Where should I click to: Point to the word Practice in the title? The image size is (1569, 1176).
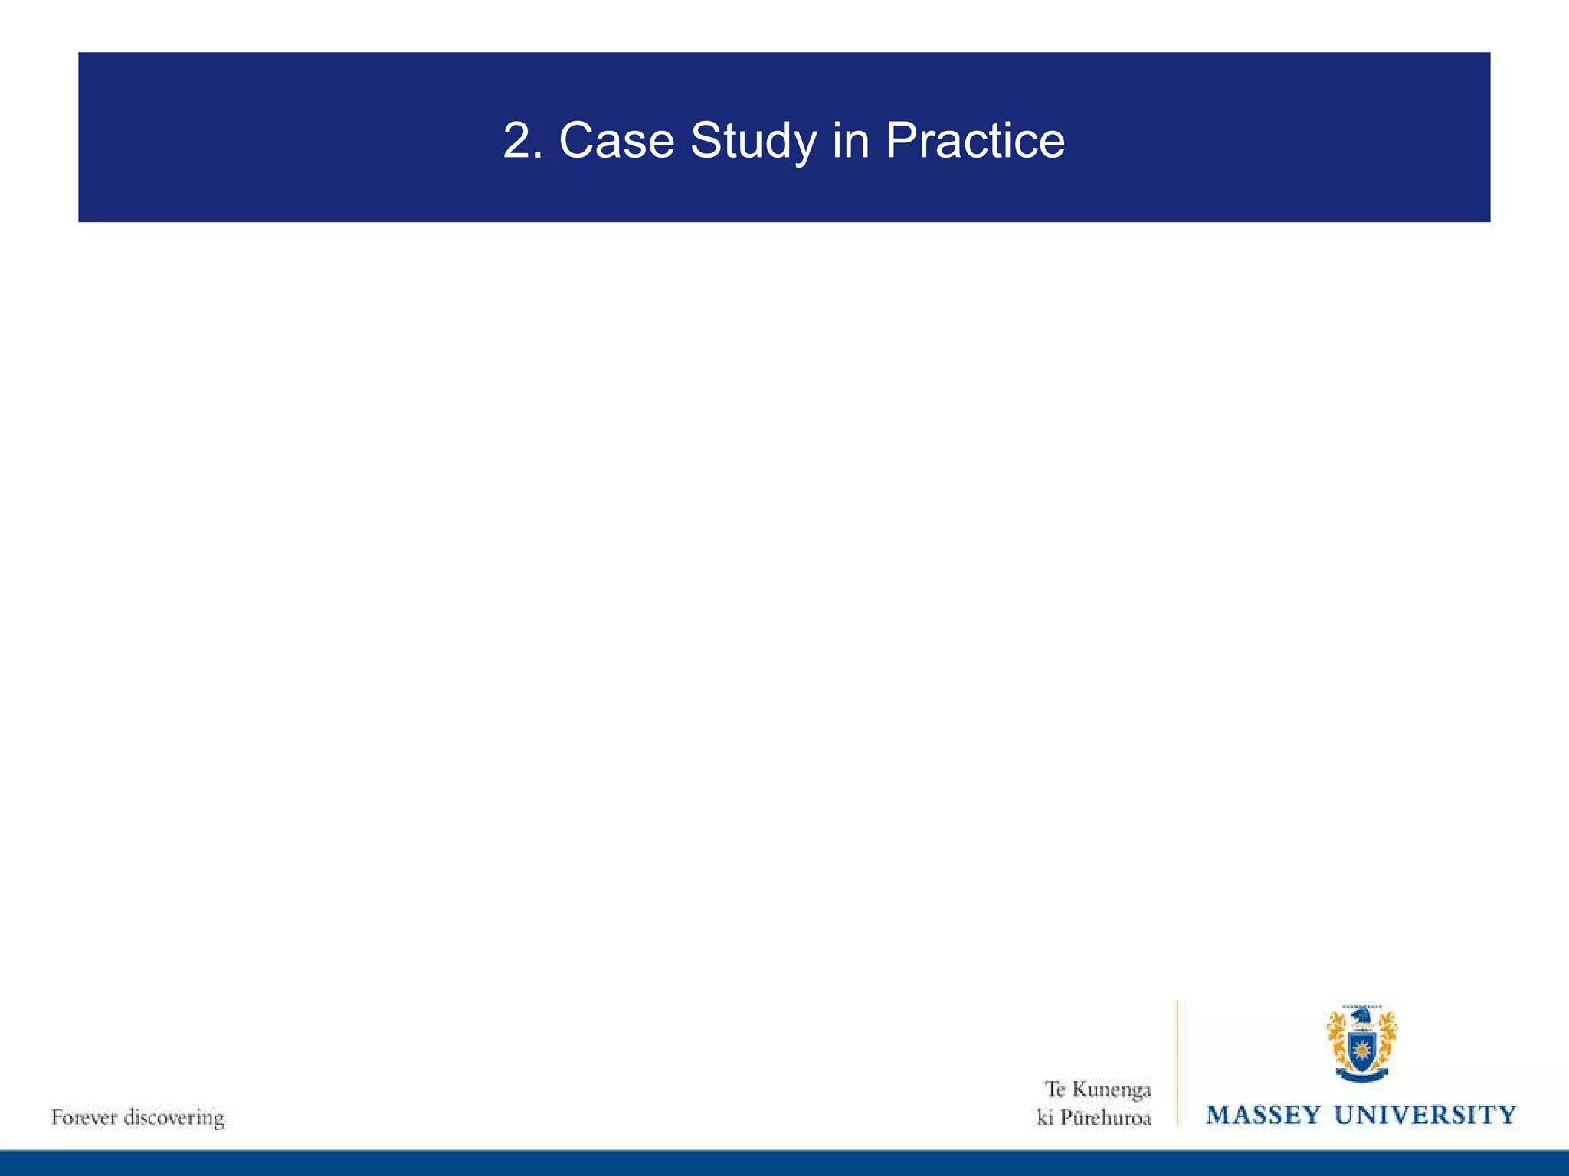point(974,142)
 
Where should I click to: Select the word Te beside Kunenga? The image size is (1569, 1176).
point(1055,1089)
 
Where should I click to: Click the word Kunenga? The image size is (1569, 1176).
point(1111,1089)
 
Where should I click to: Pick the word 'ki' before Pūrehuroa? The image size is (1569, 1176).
point(1044,1118)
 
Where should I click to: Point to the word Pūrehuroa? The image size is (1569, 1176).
point(1106,1118)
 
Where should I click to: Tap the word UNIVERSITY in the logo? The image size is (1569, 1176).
point(1425,1115)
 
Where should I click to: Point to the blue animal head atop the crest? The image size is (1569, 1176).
point(1361,1016)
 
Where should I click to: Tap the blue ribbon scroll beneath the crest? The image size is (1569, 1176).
point(1361,1075)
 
